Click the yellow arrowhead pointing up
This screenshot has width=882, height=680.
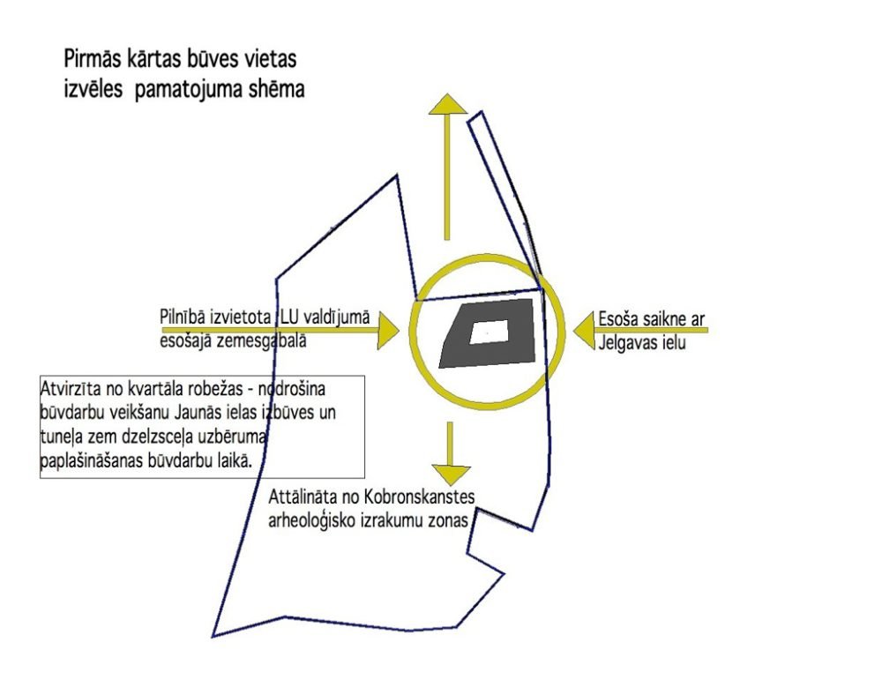click(448, 105)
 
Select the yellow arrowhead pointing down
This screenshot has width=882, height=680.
click(451, 475)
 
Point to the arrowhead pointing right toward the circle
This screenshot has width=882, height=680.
click(388, 330)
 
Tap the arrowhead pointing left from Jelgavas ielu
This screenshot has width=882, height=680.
click(585, 331)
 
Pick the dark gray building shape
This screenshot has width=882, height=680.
click(487, 333)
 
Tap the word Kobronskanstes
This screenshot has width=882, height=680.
click(420, 497)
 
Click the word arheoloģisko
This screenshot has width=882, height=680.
click(311, 521)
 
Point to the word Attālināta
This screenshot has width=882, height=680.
click(303, 497)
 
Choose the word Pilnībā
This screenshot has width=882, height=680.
click(183, 318)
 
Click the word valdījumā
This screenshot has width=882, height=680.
click(337, 318)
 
